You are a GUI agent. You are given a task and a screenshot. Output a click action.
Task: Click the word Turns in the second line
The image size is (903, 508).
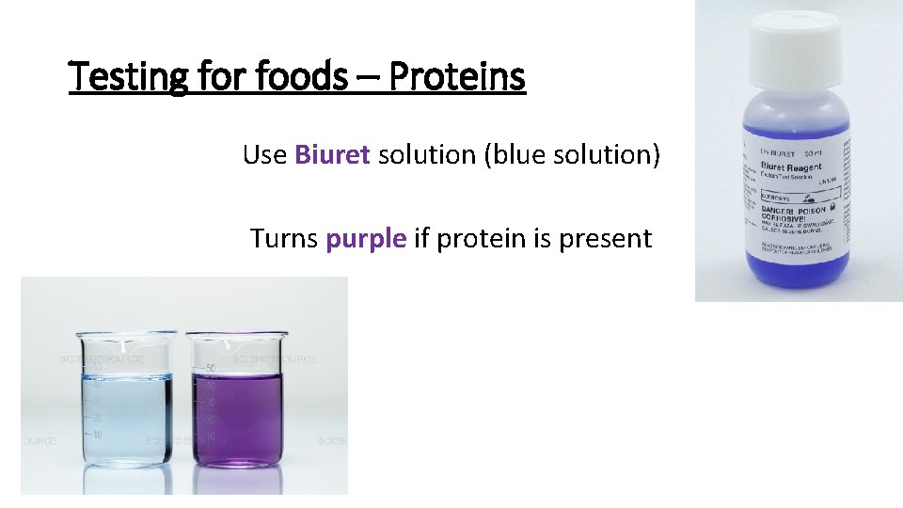pyautogui.click(x=284, y=239)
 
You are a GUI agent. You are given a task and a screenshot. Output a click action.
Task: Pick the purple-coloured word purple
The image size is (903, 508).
pyautogui.click(x=366, y=239)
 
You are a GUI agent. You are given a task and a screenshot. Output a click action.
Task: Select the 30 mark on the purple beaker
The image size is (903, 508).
pyautogui.click(x=212, y=402)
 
